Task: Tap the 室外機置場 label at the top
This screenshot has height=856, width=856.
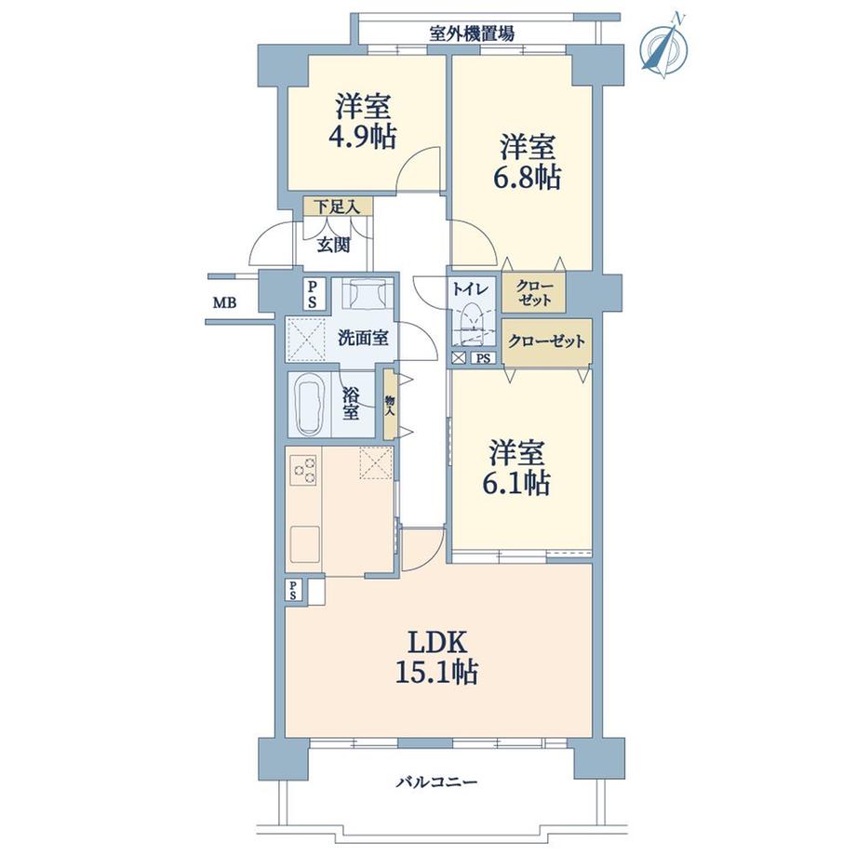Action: (472, 34)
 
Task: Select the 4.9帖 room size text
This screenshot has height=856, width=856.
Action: (363, 138)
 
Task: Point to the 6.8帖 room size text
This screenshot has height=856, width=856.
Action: (528, 178)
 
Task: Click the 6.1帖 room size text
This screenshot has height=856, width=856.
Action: (516, 482)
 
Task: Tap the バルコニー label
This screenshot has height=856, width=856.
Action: (436, 782)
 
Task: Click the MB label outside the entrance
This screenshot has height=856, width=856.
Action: (224, 302)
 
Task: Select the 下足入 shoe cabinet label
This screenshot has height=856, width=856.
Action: (338, 207)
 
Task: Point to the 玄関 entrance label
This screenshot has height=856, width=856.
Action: (333, 246)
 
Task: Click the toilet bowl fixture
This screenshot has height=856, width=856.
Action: (472, 322)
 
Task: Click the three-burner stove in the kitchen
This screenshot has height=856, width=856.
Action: (303, 470)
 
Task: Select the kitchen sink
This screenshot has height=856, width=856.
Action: (304, 544)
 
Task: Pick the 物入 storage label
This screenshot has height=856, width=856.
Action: (390, 405)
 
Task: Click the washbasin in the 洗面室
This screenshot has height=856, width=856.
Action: (364, 295)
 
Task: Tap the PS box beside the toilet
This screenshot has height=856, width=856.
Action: (483, 358)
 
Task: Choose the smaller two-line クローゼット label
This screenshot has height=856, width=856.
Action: (534, 293)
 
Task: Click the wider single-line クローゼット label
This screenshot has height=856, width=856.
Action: (546, 341)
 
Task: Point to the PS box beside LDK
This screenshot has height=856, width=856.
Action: (293, 590)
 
